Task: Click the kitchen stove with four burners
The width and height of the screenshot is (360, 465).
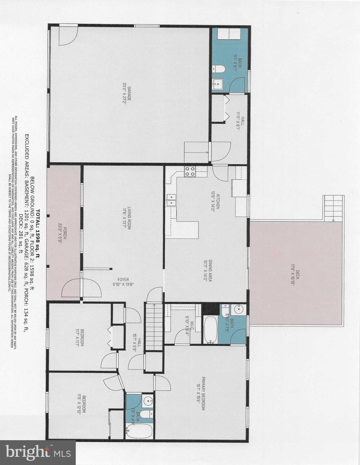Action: pos(190,172)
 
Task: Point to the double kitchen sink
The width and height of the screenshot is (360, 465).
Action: pos(171,200)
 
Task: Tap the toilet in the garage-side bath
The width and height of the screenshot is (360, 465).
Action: pos(218,69)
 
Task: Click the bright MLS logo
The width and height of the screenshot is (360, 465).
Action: pos(38,453)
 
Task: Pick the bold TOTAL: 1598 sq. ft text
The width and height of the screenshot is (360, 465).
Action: pos(38,233)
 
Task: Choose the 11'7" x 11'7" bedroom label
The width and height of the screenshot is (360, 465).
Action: pos(79,337)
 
